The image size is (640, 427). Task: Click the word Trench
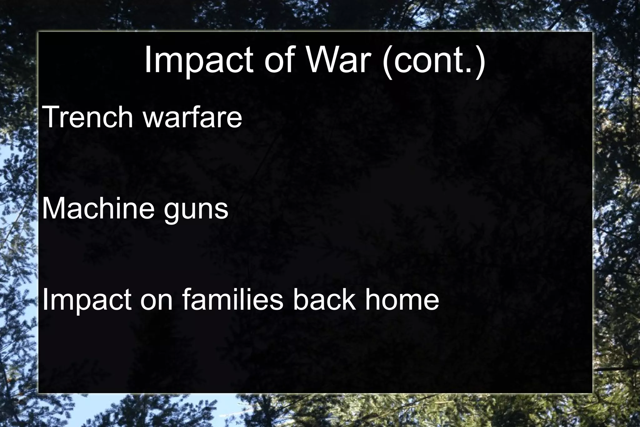coord(87,117)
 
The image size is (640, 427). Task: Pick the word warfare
coord(192,117)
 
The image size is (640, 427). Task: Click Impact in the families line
coord(86,300)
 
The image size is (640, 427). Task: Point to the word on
coord(156,300)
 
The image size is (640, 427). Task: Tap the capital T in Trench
coord(51,117)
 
